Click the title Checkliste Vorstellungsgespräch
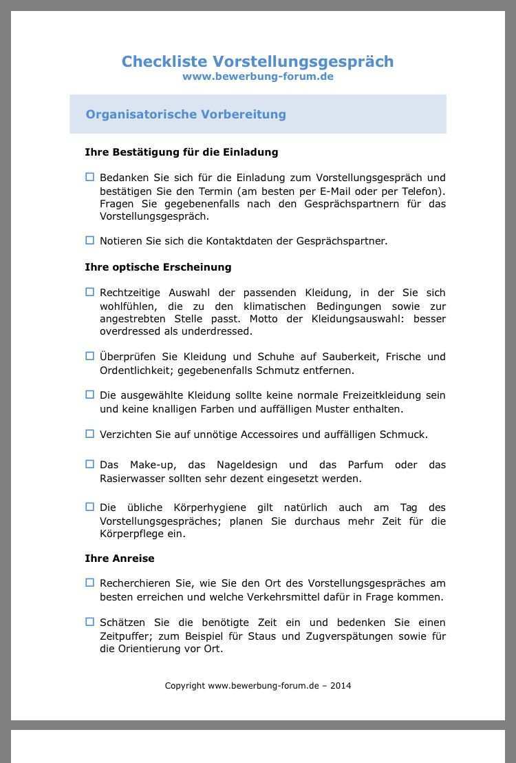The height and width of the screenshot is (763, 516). point(257,61)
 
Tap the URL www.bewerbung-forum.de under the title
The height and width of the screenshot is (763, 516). point(257,76)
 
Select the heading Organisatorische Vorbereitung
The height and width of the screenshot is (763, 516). point(186,114)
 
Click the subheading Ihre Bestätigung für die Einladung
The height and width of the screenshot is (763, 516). point(181,151)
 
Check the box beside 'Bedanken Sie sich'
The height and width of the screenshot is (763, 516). point(89,177)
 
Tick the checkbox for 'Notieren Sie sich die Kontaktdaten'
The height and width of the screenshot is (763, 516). point(89,240)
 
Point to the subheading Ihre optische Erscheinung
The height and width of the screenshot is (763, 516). point(158,266)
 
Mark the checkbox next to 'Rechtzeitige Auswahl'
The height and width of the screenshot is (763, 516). point(89,292)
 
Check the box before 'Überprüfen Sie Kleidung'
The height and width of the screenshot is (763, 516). point(89,356)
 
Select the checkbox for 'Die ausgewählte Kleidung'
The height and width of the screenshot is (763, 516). point(89,395)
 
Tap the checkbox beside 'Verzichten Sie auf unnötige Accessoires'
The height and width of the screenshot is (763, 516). point(89,434)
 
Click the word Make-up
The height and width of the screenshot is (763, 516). point(147,465)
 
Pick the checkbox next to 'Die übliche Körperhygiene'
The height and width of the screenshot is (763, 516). point(89,507)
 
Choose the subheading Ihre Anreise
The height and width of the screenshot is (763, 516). point(119,558)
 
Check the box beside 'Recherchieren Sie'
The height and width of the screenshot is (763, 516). point(89,583)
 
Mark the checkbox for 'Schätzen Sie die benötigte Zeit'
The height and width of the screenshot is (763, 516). point(89,622)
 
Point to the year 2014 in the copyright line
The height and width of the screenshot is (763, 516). point(340,685)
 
